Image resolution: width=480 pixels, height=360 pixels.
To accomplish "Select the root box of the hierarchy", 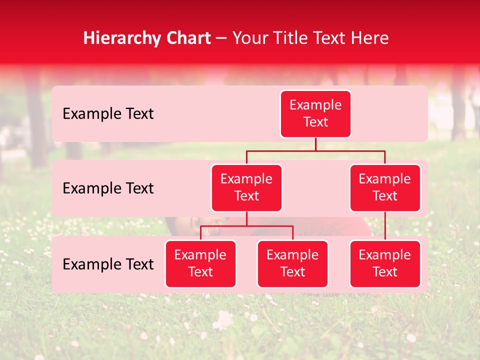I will coord(315,113).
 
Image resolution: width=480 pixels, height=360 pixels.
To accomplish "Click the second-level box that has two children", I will coord(246,187).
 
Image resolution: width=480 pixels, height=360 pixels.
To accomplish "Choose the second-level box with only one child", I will coord(385,187).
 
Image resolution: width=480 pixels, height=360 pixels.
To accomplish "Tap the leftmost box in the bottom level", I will coord(200,263).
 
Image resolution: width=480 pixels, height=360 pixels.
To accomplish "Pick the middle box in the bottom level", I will coord(292,263).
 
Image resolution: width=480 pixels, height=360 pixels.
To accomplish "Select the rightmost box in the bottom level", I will coord(385,263).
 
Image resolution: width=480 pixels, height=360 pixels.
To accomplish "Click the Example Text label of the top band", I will coord(108,114).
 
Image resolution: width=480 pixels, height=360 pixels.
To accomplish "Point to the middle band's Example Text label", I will coord(108,188).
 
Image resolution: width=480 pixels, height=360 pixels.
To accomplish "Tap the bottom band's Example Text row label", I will coord(108,264).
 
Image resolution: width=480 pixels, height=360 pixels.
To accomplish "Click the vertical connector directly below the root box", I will coord(315,144).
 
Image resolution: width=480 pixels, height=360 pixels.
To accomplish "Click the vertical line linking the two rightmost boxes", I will coord(385,226).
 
